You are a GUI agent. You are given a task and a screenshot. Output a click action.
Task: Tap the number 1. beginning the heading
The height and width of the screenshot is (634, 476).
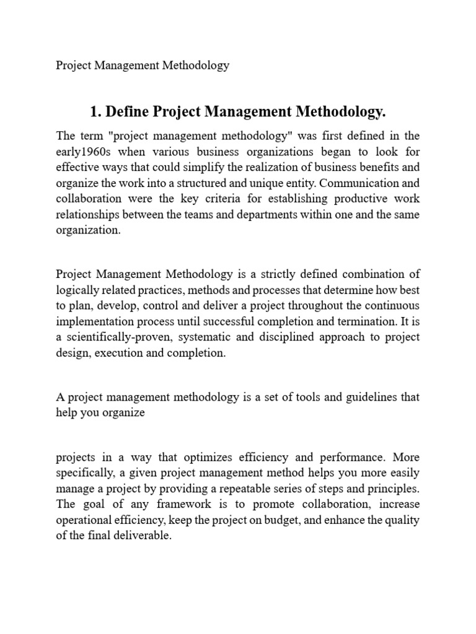95,112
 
